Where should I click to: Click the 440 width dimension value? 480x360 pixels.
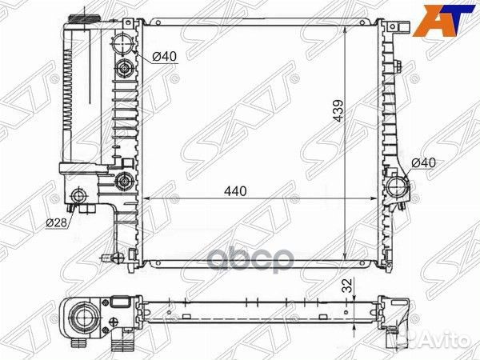pyautogui.click(x=235, y=191)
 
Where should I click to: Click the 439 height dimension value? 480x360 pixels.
pyautogui.click(x=338, y=110)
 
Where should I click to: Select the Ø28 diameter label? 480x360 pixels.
pyautogui.click(x=56, y=223)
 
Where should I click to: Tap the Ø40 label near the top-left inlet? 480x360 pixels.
pyautogui.click(x=164, y=56)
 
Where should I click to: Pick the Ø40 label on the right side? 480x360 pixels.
pyautogui.click(x=423, y=162)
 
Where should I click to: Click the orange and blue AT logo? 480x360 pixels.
pyautogui.click(x=443, y=21)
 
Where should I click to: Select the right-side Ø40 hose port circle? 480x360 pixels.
pyautogui.click(x=398, y=187)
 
